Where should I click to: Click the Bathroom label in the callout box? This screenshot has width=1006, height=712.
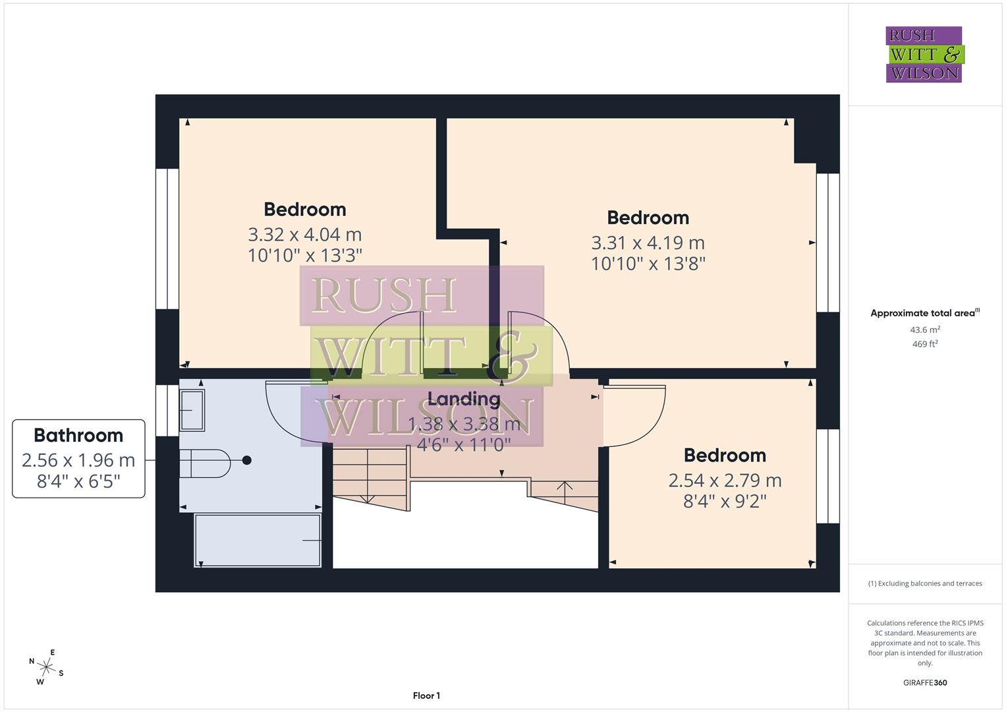pyautogui.click(x=78, y=436)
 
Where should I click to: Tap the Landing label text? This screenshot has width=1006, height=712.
pyautogui.click(x=464, y=399)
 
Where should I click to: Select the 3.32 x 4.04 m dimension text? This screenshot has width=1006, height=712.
pyautogui.click(x=304, y=234)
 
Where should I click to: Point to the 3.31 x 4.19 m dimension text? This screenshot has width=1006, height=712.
pyautogui.click(x=648, y=243)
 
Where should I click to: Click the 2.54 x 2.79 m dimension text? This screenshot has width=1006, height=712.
pyautogui.click(x=725, y=480)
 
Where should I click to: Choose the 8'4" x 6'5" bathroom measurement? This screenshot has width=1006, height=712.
pyautogui.click(x=78, y=481)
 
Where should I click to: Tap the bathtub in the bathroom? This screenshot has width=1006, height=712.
pyautogui.click(x=258, y=540)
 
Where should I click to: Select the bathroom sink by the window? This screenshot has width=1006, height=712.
pyautogui.click(x=192, y=410)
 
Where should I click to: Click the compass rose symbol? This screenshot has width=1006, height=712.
pyautogui.click(x=46, y=667)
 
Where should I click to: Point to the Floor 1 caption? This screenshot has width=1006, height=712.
pyautogui.click(x=426, y=696)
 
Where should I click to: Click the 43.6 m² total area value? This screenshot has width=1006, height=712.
pyautogui.click(x=925, y=330)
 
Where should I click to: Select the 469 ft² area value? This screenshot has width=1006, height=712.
pyautogui.click(x=925, y=344)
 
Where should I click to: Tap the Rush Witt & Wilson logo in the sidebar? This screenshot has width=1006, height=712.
pyautogui.click(x=924, y=55)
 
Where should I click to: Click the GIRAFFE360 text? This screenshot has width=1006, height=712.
pyautogui.click(x=925, y=682)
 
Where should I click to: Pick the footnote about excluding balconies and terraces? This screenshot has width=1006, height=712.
pyautogui.click(x=925, y=583)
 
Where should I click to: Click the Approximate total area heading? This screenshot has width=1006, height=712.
pyautogui.click(x=924, y=313)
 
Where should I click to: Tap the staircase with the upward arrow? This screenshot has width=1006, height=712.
pyautogui.click(x=565, y=493)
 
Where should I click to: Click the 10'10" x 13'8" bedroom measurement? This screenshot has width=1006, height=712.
pyautogui.click(x=648, y=264)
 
